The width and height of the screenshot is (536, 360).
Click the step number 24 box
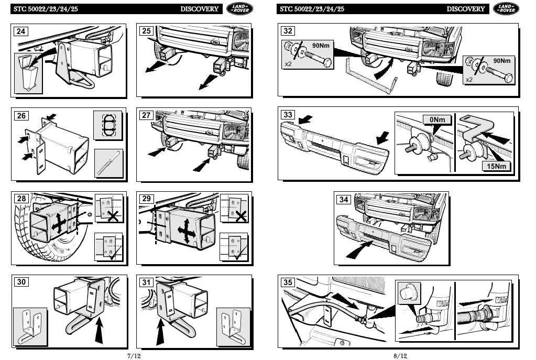tap(21, 31)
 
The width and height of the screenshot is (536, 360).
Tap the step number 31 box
tap(146, 282)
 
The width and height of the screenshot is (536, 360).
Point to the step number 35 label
tap(288, 282)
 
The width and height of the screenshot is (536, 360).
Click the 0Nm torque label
tap(437, 120)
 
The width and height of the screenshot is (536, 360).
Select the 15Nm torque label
tap(496, 167)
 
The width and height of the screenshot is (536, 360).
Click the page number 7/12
tap(134, 356)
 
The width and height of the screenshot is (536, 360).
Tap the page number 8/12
tap(400, 356)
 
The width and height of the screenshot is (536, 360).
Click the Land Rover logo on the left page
tap(239, 8)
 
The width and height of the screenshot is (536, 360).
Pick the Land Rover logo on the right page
tap(506, 8)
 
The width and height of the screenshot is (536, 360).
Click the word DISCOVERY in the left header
tap(200, 9)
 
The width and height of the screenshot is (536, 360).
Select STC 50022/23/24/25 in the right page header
tap(312, 9)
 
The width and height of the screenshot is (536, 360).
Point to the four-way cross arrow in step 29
tap(186, 230)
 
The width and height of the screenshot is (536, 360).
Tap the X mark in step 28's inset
tap(112, 215)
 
